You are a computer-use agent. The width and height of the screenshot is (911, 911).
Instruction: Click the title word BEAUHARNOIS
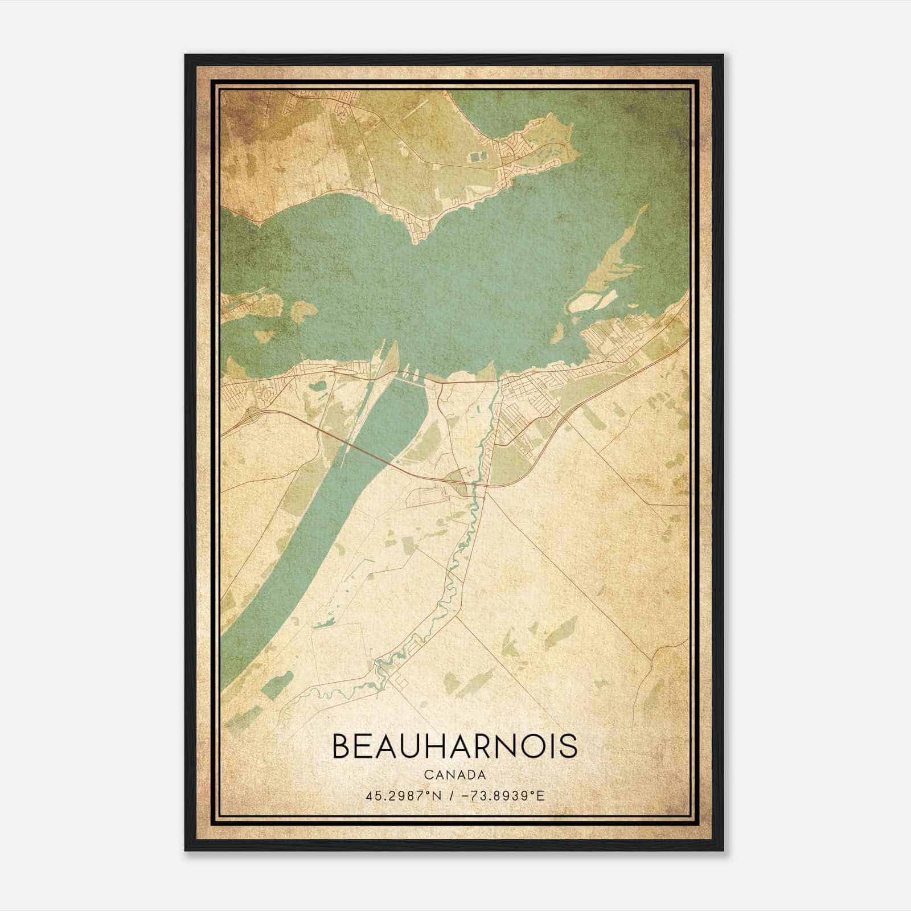[454, 746]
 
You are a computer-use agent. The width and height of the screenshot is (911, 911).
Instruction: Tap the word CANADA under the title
[454, 775]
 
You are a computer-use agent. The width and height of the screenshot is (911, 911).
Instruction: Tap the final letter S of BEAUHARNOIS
[570, 746]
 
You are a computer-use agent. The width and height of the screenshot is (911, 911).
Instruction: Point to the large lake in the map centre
[433, 285]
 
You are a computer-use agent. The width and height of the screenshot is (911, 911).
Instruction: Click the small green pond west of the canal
[317, 387]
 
